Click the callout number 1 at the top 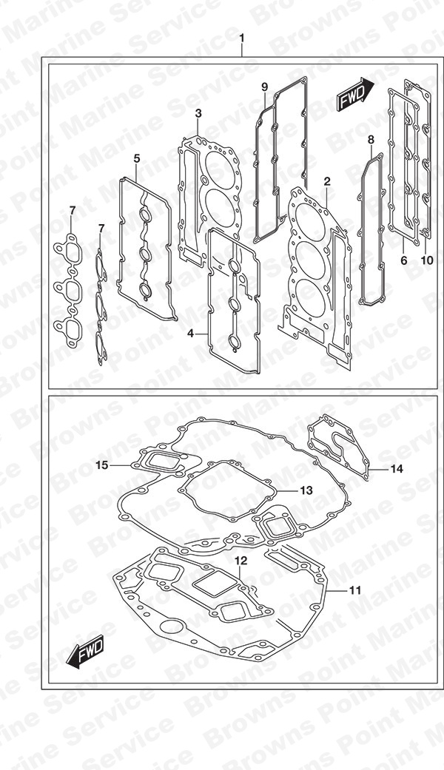coord(241,38)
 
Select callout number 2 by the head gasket coord(327,182)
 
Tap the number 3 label coord(198,113)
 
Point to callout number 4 coord(190,334)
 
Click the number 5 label coord(137,158)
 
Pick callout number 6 coord(404,260)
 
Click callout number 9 coord(265,87)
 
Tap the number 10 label coord(427,260)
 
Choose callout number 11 coord(355,590)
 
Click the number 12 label coord(240,561)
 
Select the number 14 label coord(397,469)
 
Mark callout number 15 coord(101,465)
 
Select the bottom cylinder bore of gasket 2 coord(310,297)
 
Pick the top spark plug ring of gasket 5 coord(145,215)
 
